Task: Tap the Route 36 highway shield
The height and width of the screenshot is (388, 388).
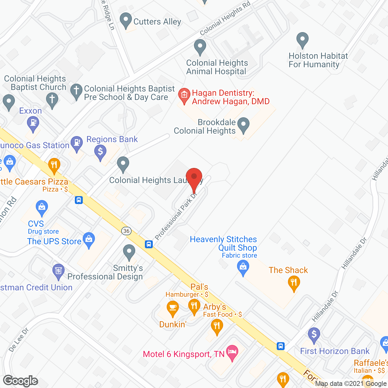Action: coord(126,231)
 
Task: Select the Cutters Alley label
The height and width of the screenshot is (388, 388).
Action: coord(157,22)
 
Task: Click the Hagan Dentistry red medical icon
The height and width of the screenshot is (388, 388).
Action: coord(184,95)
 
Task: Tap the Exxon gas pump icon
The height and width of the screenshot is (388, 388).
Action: coord(33,123)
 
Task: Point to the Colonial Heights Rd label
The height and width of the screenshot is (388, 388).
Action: coord(225,18)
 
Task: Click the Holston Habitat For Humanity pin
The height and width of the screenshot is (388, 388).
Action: coord(302,39)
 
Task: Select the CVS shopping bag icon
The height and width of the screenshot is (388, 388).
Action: coord(42,208)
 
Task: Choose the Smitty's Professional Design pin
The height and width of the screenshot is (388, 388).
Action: coord(129,252)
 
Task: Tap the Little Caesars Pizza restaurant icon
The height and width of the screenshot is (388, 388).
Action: coord(54,165)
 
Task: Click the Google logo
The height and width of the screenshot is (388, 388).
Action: coord(21,381)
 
